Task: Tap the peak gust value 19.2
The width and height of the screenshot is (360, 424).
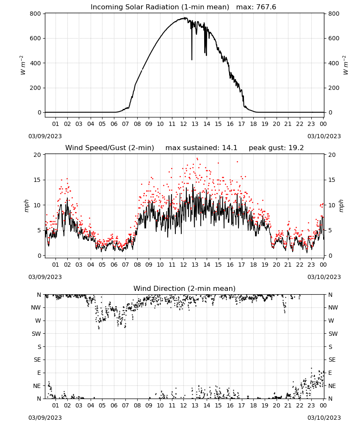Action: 296,148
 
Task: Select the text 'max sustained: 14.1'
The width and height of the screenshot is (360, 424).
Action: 201,148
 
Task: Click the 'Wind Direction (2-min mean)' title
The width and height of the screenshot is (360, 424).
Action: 185,288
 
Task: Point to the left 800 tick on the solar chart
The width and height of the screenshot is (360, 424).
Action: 36,14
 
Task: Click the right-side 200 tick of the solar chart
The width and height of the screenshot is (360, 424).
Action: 334,88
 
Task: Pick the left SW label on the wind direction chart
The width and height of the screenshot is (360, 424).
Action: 36,334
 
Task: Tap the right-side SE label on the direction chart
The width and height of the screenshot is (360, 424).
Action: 332,360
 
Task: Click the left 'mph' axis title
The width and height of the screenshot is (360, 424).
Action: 26,206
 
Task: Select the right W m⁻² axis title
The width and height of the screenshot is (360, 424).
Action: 346,65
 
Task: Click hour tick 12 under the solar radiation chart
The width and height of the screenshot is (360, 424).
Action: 183,124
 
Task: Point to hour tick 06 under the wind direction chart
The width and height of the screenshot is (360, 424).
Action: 114,405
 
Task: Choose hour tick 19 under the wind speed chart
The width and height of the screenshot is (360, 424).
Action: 265,265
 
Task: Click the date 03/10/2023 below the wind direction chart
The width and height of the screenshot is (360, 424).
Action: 324,418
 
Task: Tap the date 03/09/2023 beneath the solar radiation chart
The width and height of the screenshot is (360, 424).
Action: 45,136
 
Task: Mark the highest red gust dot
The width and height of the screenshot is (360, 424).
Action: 197,159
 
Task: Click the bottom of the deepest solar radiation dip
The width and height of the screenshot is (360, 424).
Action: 192,60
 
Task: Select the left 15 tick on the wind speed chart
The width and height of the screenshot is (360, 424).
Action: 38,180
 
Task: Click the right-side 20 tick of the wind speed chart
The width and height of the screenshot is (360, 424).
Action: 332,155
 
